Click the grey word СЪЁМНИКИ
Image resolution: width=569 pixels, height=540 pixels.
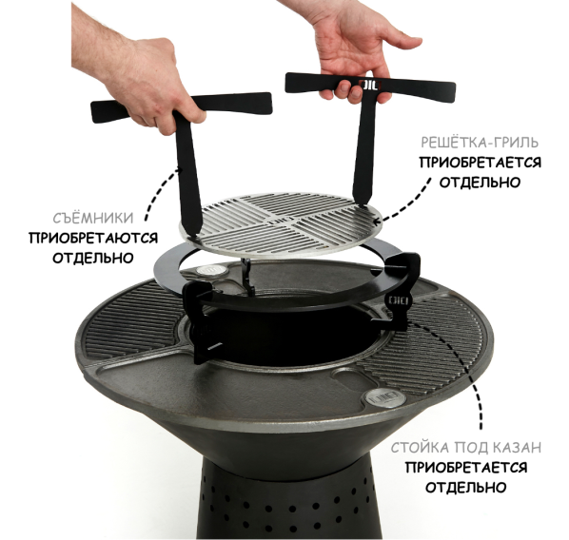[x=93, y=218]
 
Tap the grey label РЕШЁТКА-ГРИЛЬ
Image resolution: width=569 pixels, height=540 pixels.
[x=480, y=143]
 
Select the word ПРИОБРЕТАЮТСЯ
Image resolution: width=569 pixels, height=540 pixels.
[x=93, y=239]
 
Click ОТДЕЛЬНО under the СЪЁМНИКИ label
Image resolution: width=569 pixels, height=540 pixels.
[x=93, y=259]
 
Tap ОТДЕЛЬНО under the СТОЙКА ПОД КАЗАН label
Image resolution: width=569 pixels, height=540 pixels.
[x=466, y=487]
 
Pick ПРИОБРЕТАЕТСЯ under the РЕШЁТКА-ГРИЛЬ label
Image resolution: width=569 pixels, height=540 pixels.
[x=481, y=163]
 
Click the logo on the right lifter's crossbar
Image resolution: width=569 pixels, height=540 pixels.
[x=370, y=85]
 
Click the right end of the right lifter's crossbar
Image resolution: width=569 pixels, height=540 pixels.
[x=454, y=88]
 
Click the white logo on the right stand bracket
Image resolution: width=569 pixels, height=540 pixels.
[x=399, y=300]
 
